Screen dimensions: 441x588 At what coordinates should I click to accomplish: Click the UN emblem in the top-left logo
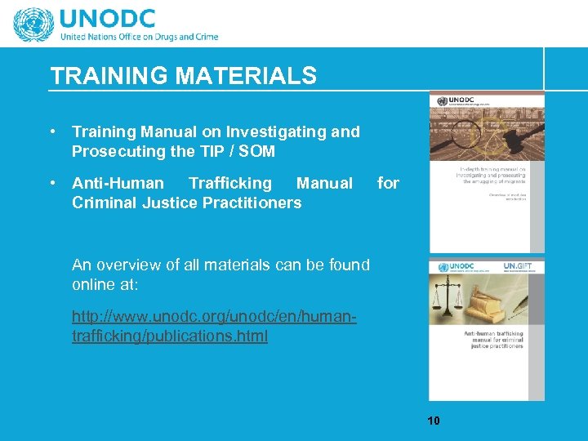(33, 24)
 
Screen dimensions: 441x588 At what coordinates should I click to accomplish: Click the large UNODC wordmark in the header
(119, 18)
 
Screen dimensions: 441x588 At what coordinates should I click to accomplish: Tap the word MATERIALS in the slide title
(246, 76)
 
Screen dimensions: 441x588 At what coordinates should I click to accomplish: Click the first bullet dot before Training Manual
(52, 131)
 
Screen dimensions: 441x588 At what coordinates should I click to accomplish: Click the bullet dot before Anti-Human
(52, 183)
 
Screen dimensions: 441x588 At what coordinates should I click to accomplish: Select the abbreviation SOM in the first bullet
(257, 151)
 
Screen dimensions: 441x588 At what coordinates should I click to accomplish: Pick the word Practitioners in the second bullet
(248, 203)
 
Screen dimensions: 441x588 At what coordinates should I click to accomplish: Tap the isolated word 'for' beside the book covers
(388, 183)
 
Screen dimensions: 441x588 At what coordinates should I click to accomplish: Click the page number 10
(433, 421)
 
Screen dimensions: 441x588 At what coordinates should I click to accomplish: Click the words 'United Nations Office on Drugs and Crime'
(139, 37)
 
